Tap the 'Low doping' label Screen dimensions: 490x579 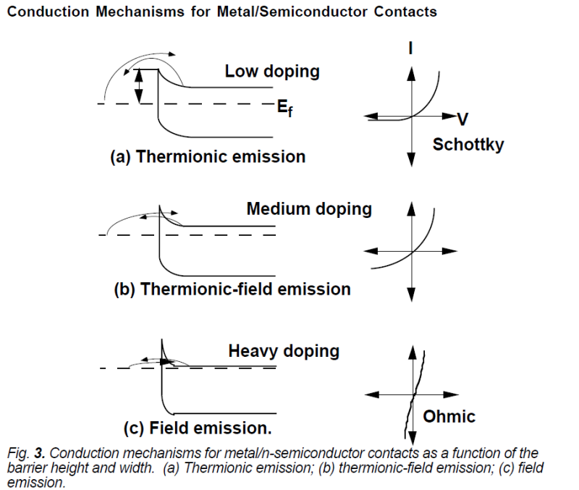pyautogui.click(x=272, y=72)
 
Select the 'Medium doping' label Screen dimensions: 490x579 pyautogui.click(x=309, y=209)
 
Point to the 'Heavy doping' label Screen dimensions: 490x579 pyautogui.click(x=284, y=352)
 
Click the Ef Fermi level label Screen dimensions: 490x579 pyautogui.click(x=284, y=107)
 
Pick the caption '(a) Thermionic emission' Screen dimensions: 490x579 pyautogui.click(x=207, y=157)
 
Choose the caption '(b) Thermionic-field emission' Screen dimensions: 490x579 pyautogui.click(x=232, y=290)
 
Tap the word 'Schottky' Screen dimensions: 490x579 pyautogui.click(x=468, y=145)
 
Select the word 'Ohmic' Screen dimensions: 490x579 pyautogui.click(x=449, y=416)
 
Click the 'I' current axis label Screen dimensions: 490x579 pyautogui.click(x=411, y=49)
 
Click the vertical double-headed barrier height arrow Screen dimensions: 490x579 pyautogui.click(x=140, y=86)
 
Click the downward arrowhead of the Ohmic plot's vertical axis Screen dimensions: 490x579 pyautogui.click(x=411, y=437)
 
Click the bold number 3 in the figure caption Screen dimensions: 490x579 pyautogui.click(x=33, y=454)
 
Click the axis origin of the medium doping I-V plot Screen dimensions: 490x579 pyautogui.click(x=411, y=250)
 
